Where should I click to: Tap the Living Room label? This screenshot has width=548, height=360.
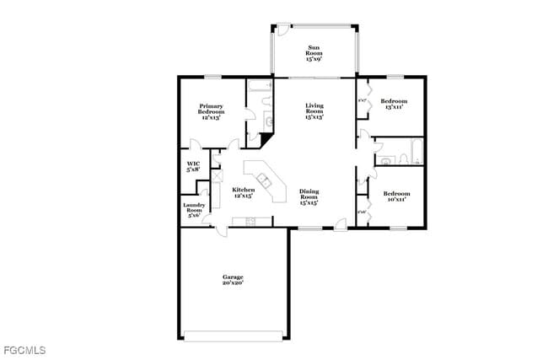tap(314, 110)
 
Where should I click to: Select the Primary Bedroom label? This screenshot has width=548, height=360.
tap(211, 112)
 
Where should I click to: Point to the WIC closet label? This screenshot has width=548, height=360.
tap(193, 166)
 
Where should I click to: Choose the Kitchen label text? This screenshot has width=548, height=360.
tap(243, 193)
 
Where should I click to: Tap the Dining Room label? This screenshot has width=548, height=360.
tap(309, 196)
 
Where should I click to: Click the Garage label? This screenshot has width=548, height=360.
tap(233, 280)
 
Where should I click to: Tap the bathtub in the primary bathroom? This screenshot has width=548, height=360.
tap(259, 85)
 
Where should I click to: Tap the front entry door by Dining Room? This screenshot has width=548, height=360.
tap(339, 224)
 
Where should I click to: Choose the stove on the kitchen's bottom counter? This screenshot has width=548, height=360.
tap(250, 222)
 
